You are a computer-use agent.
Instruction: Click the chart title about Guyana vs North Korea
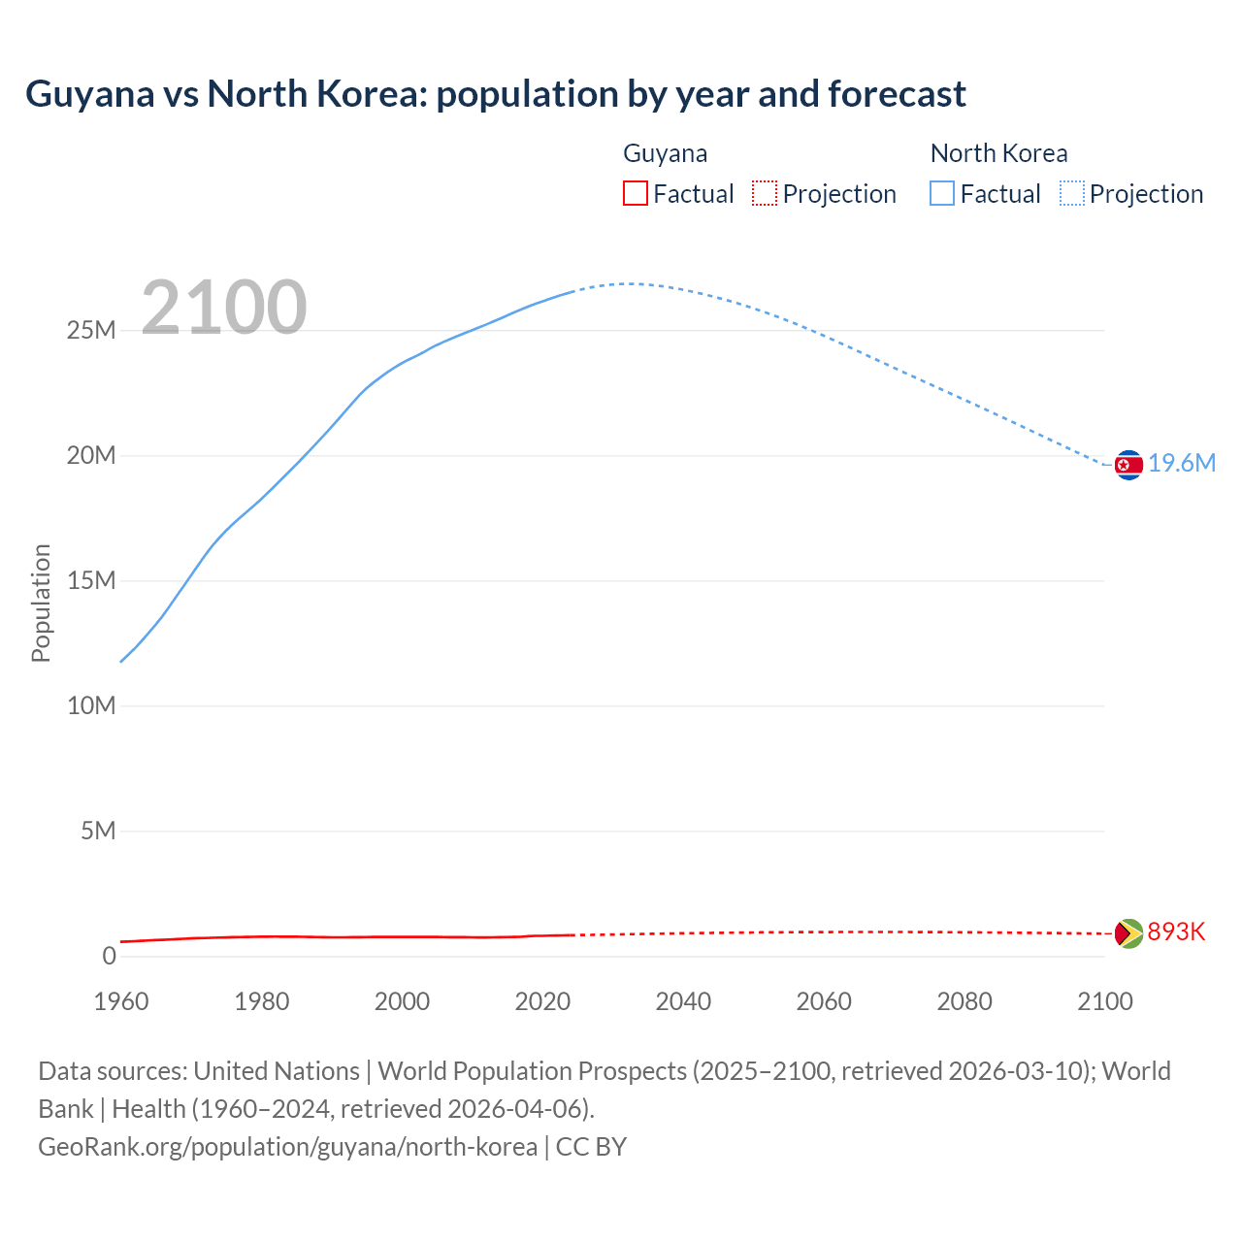(495, 94)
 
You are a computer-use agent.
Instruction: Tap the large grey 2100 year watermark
(224, 308)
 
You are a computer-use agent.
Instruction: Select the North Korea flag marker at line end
(1128, 466)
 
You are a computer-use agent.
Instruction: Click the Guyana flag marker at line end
(1128, 933)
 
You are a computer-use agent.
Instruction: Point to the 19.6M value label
(1182, 464)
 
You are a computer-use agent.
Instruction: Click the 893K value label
(1176, 932)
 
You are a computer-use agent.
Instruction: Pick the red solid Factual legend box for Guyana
(635, 194)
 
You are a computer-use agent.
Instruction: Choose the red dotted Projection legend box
(765, 194)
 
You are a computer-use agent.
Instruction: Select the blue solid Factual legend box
(941, 194)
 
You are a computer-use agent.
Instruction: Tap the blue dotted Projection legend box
(1071, 194)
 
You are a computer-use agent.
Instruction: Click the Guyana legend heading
(665, 153)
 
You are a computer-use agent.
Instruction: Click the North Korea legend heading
(998, 153)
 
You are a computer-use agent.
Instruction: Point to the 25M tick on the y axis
(91, 331)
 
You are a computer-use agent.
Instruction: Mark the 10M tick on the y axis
(91, 706)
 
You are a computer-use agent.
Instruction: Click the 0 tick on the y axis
(109, 957)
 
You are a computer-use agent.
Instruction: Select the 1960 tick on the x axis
(121, 1001)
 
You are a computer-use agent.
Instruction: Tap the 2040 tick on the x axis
(683, 1001)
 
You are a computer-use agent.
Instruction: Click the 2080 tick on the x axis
(964, 1001)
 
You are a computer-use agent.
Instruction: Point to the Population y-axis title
(41, 603)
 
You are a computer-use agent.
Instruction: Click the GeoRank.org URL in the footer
(287, 1147)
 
